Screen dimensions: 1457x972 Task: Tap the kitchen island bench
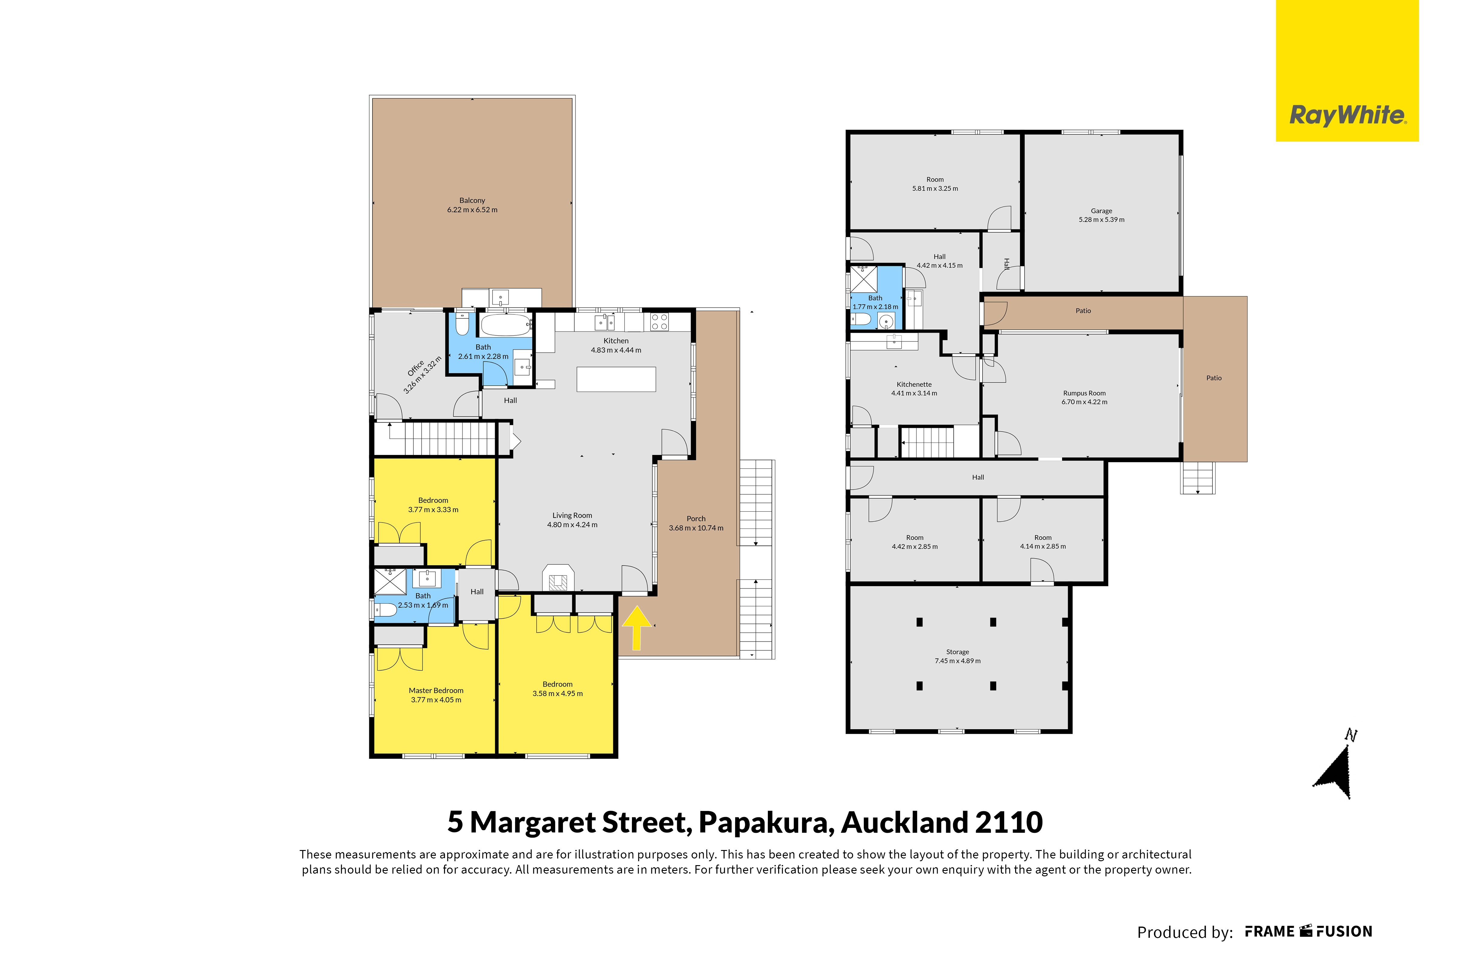click(616, 379)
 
